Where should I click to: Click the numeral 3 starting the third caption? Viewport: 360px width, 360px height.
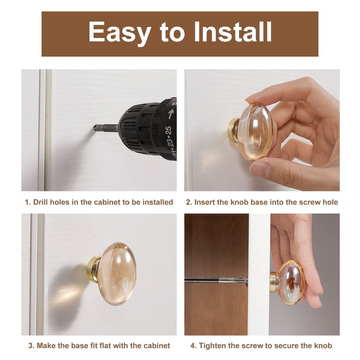coord(30,346)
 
